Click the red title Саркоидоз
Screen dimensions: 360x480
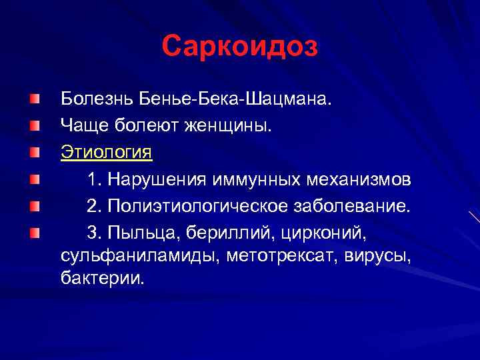pyautogui.click(x=240, y=46)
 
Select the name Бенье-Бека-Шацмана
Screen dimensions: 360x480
pyautogui.click(x=234, y=99)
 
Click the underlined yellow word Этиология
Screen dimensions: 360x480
pyautogui.click(x=106, y=152)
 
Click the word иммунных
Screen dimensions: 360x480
pyautogui.click(x=261, y=179)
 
